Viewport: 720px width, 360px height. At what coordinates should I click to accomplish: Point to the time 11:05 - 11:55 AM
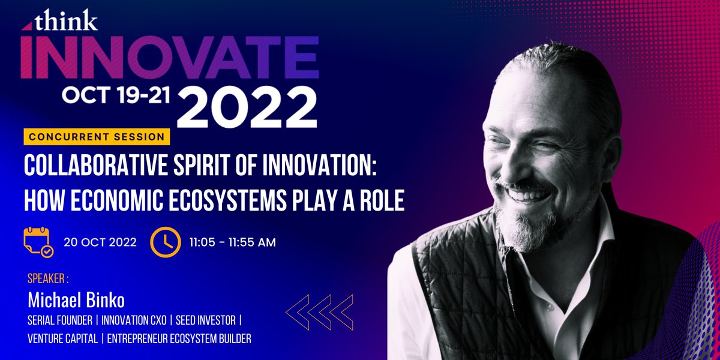tap(232, 243)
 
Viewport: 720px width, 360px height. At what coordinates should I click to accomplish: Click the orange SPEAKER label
tap(49, 280)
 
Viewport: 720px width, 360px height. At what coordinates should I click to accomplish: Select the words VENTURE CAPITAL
tap(62, 339)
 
